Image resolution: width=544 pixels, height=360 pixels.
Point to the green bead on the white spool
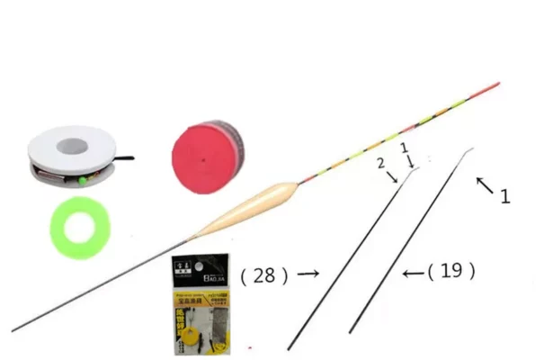pos(81,180)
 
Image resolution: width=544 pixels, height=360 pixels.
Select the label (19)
pos(451,269)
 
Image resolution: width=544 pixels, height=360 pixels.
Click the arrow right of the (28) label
pos(309,273)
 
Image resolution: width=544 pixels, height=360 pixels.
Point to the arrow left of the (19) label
pos(414,271)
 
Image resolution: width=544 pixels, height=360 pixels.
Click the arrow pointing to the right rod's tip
pos(484,185)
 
